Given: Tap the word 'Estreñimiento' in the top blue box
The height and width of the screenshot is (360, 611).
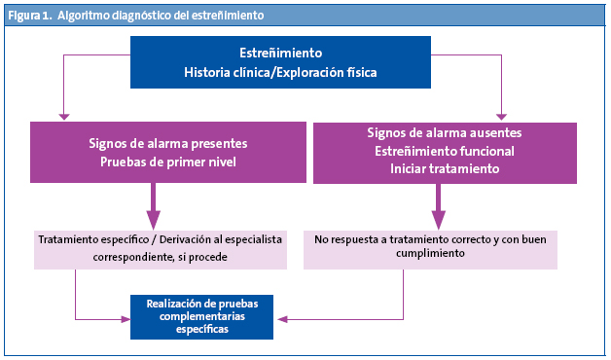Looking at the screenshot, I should pyautogui.click(x=280, y=53).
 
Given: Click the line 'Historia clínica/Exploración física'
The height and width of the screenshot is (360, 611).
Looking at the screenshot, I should pyautogui.click(x=280, y=73).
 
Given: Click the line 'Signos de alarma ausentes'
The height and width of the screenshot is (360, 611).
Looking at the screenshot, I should pyautogui.click(x=445, y=132).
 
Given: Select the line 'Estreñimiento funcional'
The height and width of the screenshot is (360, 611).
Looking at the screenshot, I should pyautogui.click(x=445, y=151).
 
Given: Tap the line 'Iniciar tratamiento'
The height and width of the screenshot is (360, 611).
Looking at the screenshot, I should pyautogui.click(x=445, y=169).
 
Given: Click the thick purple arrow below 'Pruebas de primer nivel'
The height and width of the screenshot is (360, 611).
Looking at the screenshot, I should pyautogui.click(x=154, y=208).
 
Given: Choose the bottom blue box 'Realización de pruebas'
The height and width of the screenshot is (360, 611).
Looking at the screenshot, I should pyautogui.click(x=202, y=304).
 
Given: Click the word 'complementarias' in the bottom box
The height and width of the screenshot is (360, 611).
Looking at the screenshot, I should pyautogui.click(x=202, y=316).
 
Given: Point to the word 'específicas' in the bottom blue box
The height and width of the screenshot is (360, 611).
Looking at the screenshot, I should pyautogui.click(x=202, y=330).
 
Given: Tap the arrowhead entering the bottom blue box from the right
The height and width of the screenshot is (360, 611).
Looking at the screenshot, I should pyautogui.click(x=277, y=317).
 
